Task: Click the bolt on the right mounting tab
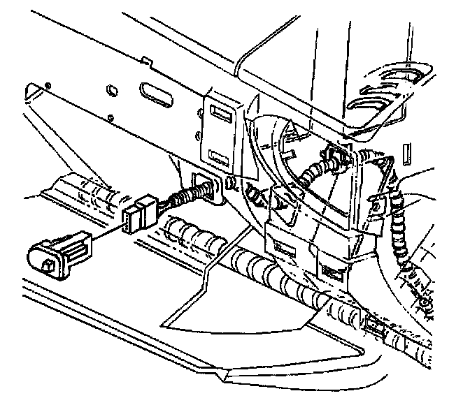[x=378, y=205]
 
